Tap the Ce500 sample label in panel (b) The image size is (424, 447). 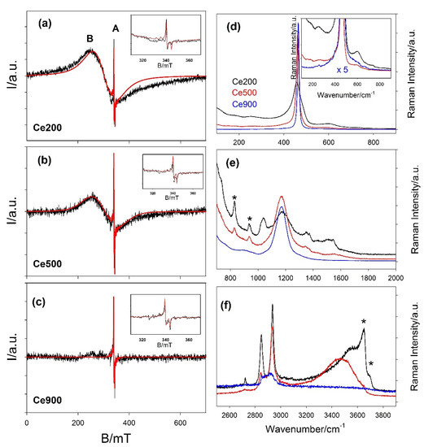44,263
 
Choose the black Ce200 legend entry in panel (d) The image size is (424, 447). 238,81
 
